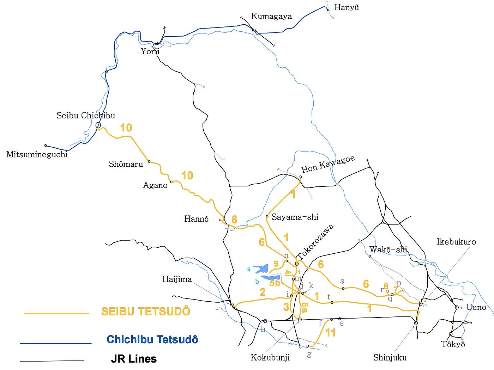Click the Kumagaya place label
pyautogui.click(x=271, y=16)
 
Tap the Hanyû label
pyautogui.click(x=347, y=7)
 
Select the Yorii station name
pyautogui.click(x=150, y=51)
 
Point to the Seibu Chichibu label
pyautogui.click(x=86, y=115)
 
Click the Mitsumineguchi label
pyautogui.click(x=37, y=154)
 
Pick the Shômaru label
pyautogui.click(x=126, y=164)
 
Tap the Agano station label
pyautogui.click(x=155, y=185)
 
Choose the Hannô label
pyautogui.click(x=196, y=219)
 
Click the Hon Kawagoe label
pyautogui.click(x=328, y=165)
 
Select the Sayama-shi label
pyautogui.click(x=295, y=217)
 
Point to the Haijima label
pyautogui.click(x=177, y=279)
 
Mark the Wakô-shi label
pyautogui.click(x=388, y=249)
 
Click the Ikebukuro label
pyautogui.click(x=456, y=242)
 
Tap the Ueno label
pyautogui.click(x=476, y=307)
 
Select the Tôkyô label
pyautogui.click(x=453, y=344)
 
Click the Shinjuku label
pyautogui.click(x=390, y=358)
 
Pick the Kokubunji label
pyautogui.click(x=270, y=358)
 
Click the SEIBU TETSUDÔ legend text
pyautogui.click(x=146, y=311)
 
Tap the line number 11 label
pyautogui.click(x=330, y=332)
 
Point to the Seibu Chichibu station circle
pyautogui.click(x=98, y=125)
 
